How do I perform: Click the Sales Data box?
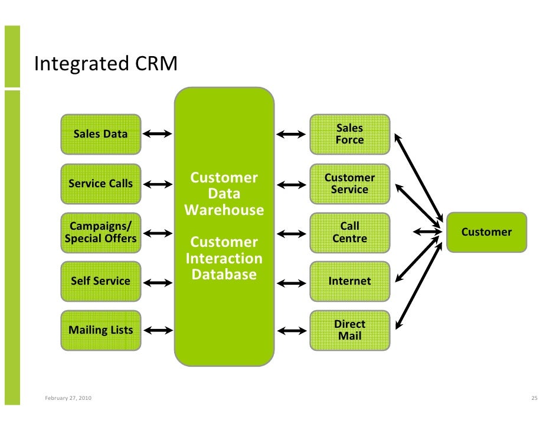[x=101, y=134]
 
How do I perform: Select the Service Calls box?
[x=101, y=184]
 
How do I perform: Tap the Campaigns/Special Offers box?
[x=101, y=233]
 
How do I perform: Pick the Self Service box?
[x=101, y=281]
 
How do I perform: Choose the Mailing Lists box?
[x=101, y=330]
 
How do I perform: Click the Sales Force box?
[x=350, y=134]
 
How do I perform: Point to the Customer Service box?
[x=350, y=184]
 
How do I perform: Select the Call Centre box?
[x=350, y=233]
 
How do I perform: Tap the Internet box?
[x=350, y=281]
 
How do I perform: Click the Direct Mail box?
[x=350, y=330]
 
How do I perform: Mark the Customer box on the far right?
[x=486, y=232]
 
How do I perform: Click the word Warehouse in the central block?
[x=224, y=210]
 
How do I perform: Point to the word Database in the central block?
[x=224, y=274]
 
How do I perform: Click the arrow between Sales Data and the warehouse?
[x=158, y=133]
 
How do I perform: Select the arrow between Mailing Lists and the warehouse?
[x=158, y=330]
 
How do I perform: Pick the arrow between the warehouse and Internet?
[x=292, y=283]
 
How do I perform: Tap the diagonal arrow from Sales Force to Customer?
[x=419, y=178]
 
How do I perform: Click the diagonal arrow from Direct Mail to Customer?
[x=419, y=286]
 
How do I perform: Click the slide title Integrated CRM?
[x=106, y=64]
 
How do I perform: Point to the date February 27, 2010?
[x=68, y=398]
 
